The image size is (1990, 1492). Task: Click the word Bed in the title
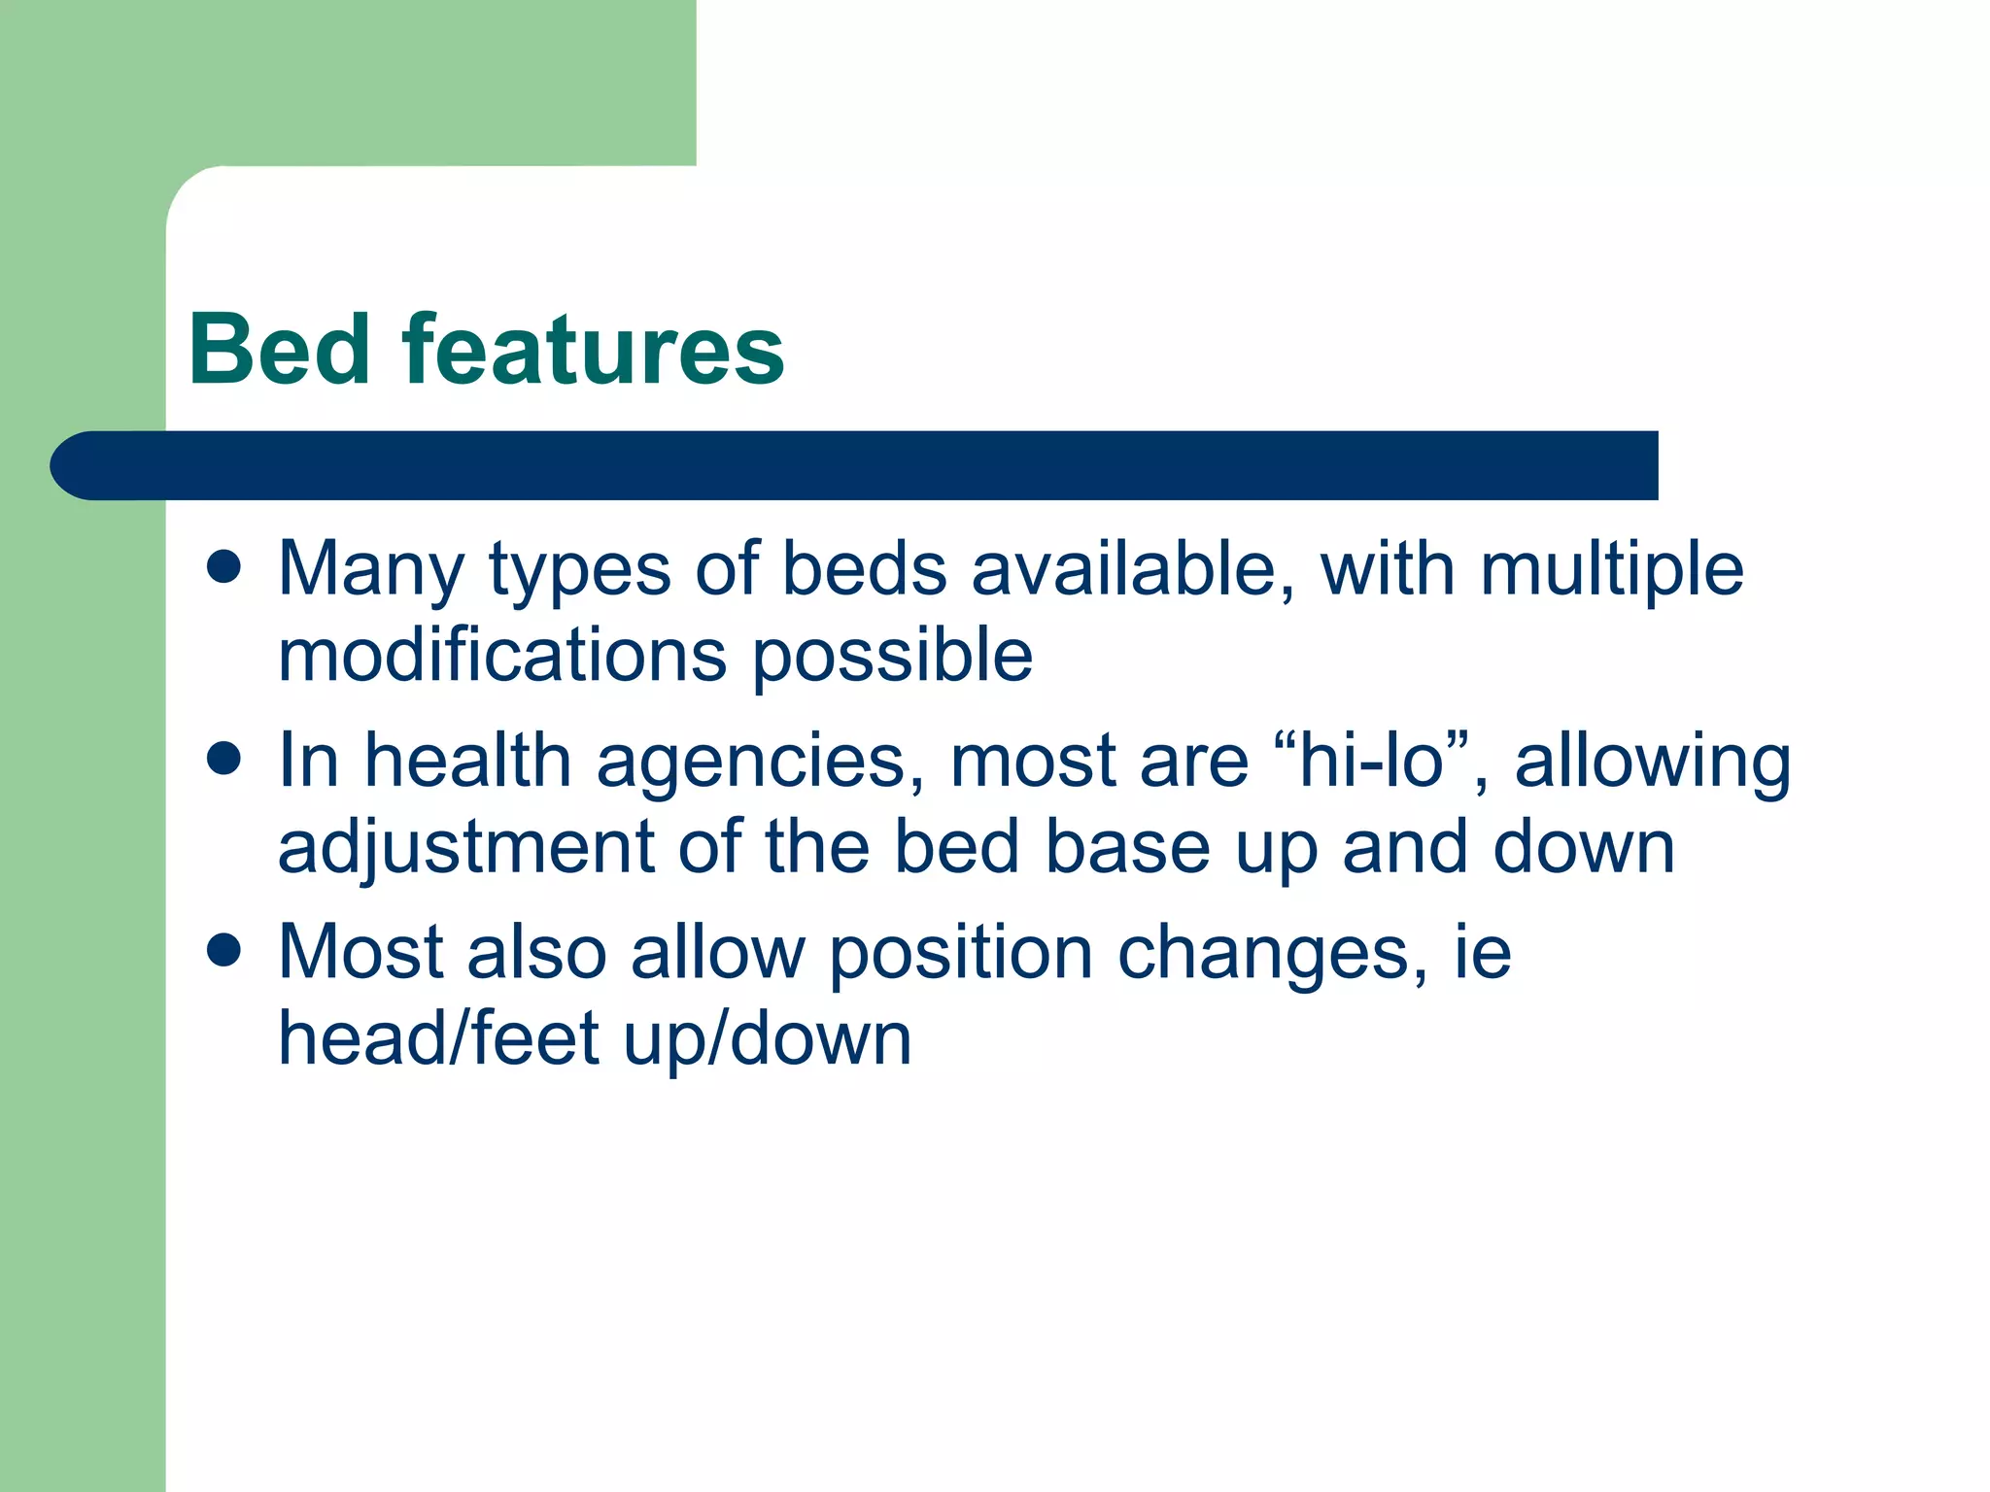click(x=280, y=350)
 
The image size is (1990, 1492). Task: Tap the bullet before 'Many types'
click(x=224, y=567)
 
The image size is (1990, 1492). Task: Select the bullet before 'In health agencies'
click(x=224, y=759)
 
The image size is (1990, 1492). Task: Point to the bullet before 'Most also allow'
click(x=224, y=951)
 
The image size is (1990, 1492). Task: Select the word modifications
click(x=501, y=656)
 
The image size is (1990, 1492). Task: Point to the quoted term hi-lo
click(x=1371, y=761)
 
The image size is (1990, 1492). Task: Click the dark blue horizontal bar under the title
click(x=855, y=465)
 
